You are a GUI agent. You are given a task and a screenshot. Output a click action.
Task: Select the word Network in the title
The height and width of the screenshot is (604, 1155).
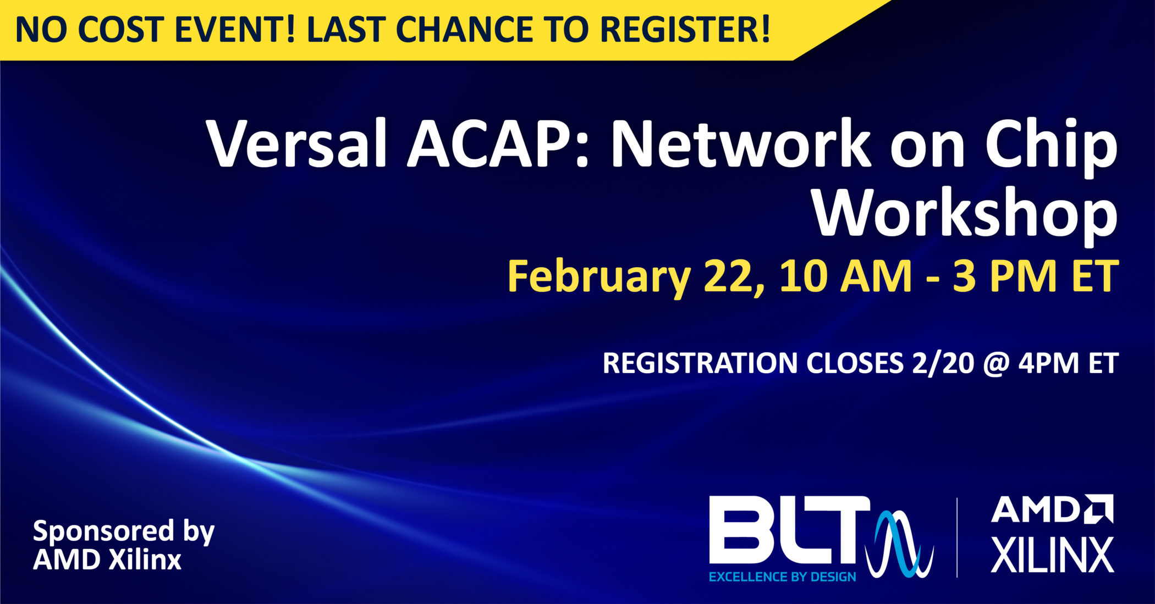[x=740, y=145]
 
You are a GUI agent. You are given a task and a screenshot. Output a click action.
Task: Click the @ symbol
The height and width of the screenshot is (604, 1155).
[x=996, y=363]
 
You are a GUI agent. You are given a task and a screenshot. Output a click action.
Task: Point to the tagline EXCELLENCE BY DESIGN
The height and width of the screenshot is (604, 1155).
[x=782, y=577]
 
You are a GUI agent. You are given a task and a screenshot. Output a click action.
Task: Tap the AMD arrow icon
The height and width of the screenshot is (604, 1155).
[x=1099, y=508]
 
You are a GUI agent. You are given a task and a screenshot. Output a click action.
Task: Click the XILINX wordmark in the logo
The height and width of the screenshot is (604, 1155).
[x=1052, y=555]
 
